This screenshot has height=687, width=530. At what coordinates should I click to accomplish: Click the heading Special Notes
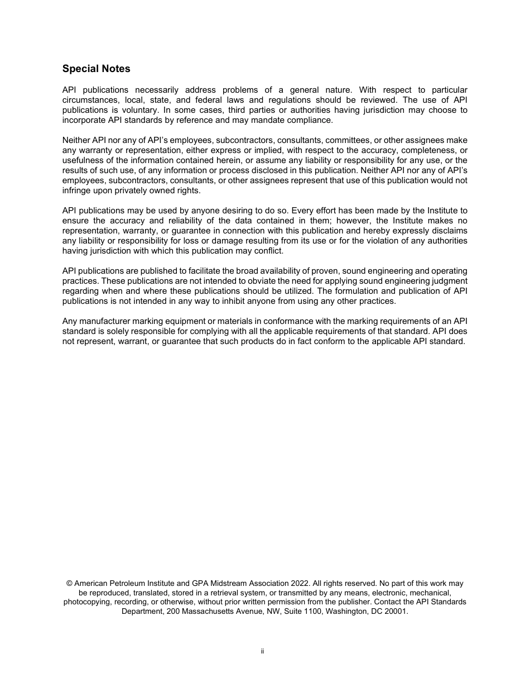[x=96, y=69]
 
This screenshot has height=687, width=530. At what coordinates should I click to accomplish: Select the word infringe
[x=77, y=190]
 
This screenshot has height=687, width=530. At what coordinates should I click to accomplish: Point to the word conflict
[x=270, y=251]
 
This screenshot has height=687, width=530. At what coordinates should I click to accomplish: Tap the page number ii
[x=262, y=651]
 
